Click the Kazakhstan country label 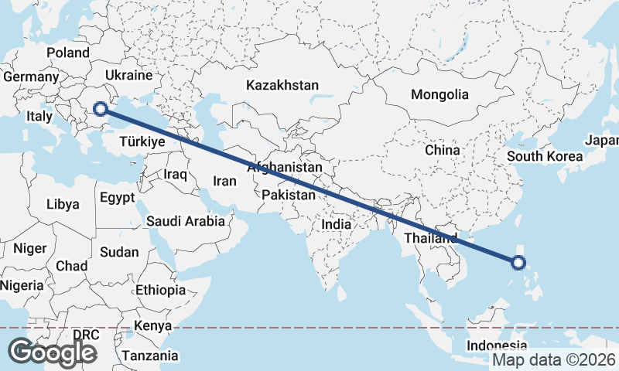pos(282,85)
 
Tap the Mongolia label pos(439,95)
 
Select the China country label pos(443,150)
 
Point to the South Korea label pos(544,156)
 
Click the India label pos(337,224)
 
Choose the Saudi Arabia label pos(186,221)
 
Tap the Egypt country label pos(118,197)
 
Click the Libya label pos(63,205)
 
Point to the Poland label pos(68,53)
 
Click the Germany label pos(31,77)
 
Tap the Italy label pos(39,116)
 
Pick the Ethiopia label pos(160,291)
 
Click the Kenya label pos(152,325)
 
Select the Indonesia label pos(497,345)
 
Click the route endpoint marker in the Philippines pos(518,263)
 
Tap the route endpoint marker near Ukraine pos(100,109)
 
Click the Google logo pos(52,352)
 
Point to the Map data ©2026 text pos(554,359)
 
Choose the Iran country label pos(224,181)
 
